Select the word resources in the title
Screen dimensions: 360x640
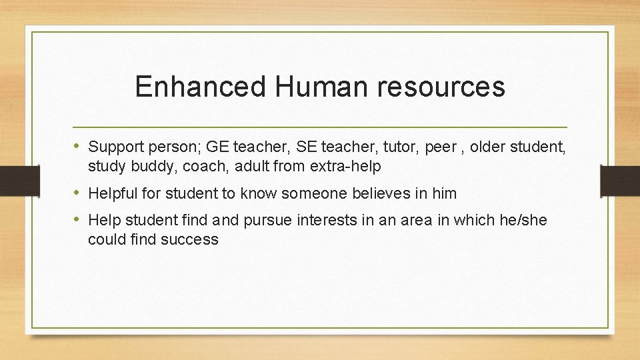click(x=443, y=87)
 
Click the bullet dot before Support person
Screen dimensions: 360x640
click(x=79, y=146)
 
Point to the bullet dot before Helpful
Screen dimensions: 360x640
click(x=79, y=193)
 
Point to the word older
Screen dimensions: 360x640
click(x=490, y=147)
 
